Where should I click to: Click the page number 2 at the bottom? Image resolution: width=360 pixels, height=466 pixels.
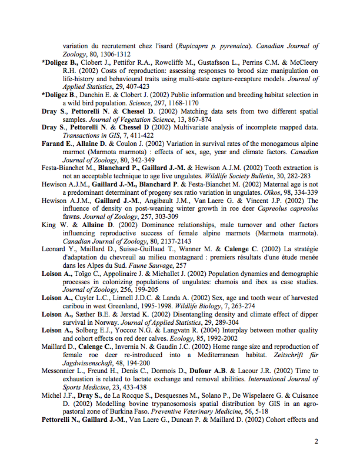[x=316, y=441]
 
